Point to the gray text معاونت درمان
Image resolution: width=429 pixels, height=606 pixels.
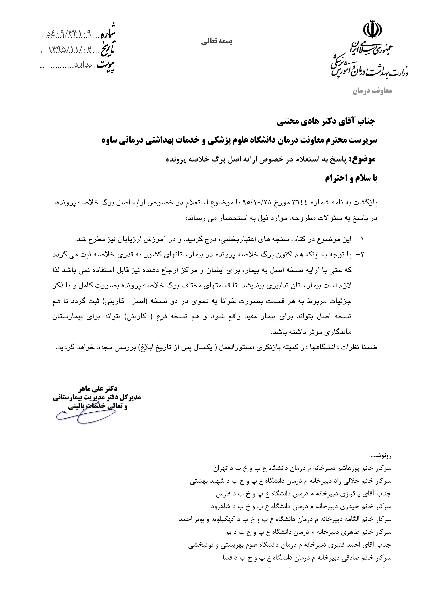click(372, 91)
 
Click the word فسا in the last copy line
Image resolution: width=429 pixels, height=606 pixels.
click(227, 558)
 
